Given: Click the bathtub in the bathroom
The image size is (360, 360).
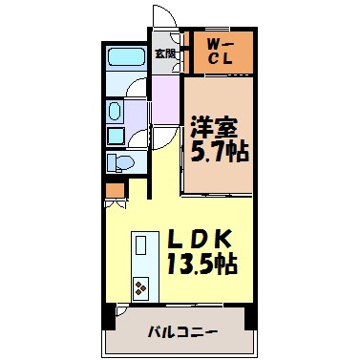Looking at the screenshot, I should click(124, 56).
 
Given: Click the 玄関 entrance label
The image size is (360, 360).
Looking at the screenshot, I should click(164, 54).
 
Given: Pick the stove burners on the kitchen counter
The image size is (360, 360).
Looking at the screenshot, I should click(140, 286).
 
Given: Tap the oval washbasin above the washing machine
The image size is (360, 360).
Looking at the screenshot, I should click(116, 111).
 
